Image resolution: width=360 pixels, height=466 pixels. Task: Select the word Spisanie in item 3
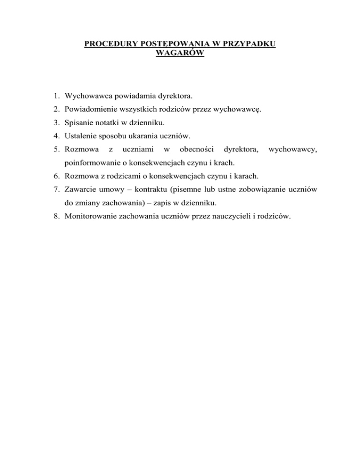pyautogui.click(x=78, y=123)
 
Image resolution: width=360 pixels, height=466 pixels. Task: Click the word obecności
pyautogui.click(x=196, y=150)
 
